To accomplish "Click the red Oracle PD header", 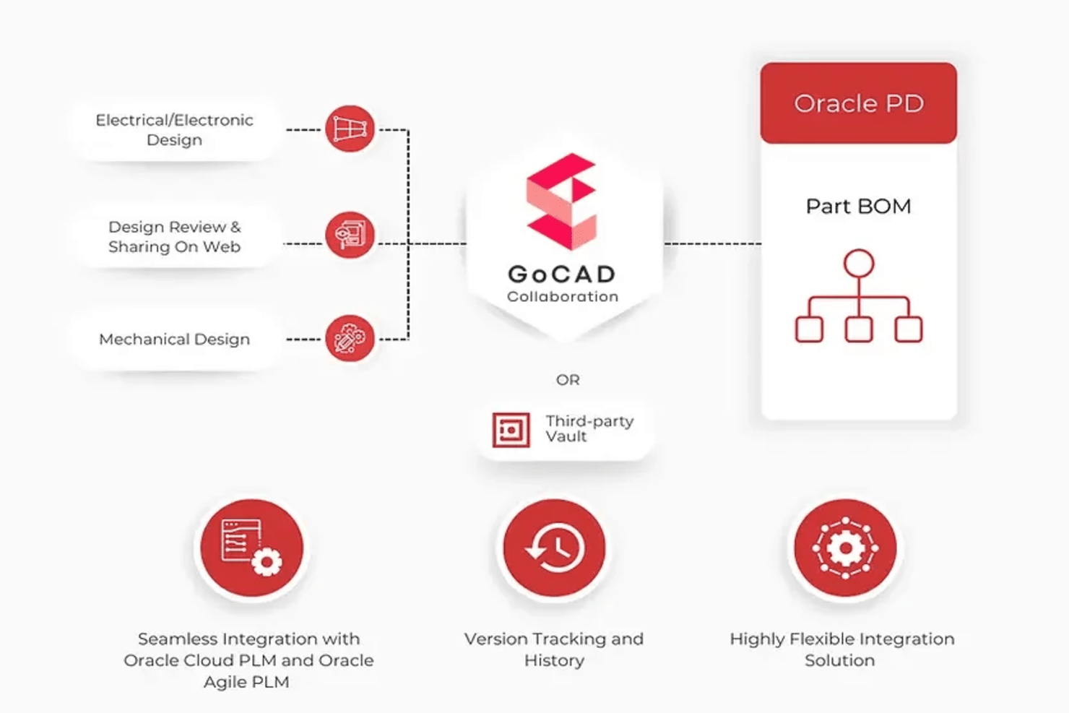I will pyautogui.click(x=858, y=103).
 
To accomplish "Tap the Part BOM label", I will pyautogui.click(x=858, y=207).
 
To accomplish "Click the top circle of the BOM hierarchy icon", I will pyautogui.click(x=858, y=264).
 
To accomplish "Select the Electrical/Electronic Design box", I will pyautogui.click(x=174, y=130).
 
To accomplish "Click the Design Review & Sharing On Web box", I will pyautogui.click(x=174, y=237).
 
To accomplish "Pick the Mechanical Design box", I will pyautogui.click(x=174, y=340).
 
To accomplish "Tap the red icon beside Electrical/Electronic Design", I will pyautogui.click(x=350, y=129).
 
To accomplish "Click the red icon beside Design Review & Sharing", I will pyautogui.click(x=350, y=235).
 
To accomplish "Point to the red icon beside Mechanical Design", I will pyautogui.click(x=350, y=338).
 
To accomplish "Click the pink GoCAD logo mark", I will pyautogui.click(x=561, y=202).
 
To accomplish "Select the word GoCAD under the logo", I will pyautogui.click(x=562, y=274).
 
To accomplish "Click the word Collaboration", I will pyautogui.click(x=562, y=296).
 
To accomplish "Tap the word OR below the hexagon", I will pyautogui.click(x=568, y=380).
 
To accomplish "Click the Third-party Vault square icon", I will pyautogui.click(x=511, y=430).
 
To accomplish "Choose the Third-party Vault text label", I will pyautogui.click(x=589, y=428).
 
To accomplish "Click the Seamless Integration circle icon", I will pyautogui.click(x=251, y=548).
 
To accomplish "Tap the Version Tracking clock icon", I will pyautogui.click(x=554, y=548).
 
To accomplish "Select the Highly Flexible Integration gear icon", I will pyautogui.click(x=844, y=548).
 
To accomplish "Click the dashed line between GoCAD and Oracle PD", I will pyautogui.click(x=711, y=244).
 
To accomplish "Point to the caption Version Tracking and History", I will pyautogui.click(x=554, y=649).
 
